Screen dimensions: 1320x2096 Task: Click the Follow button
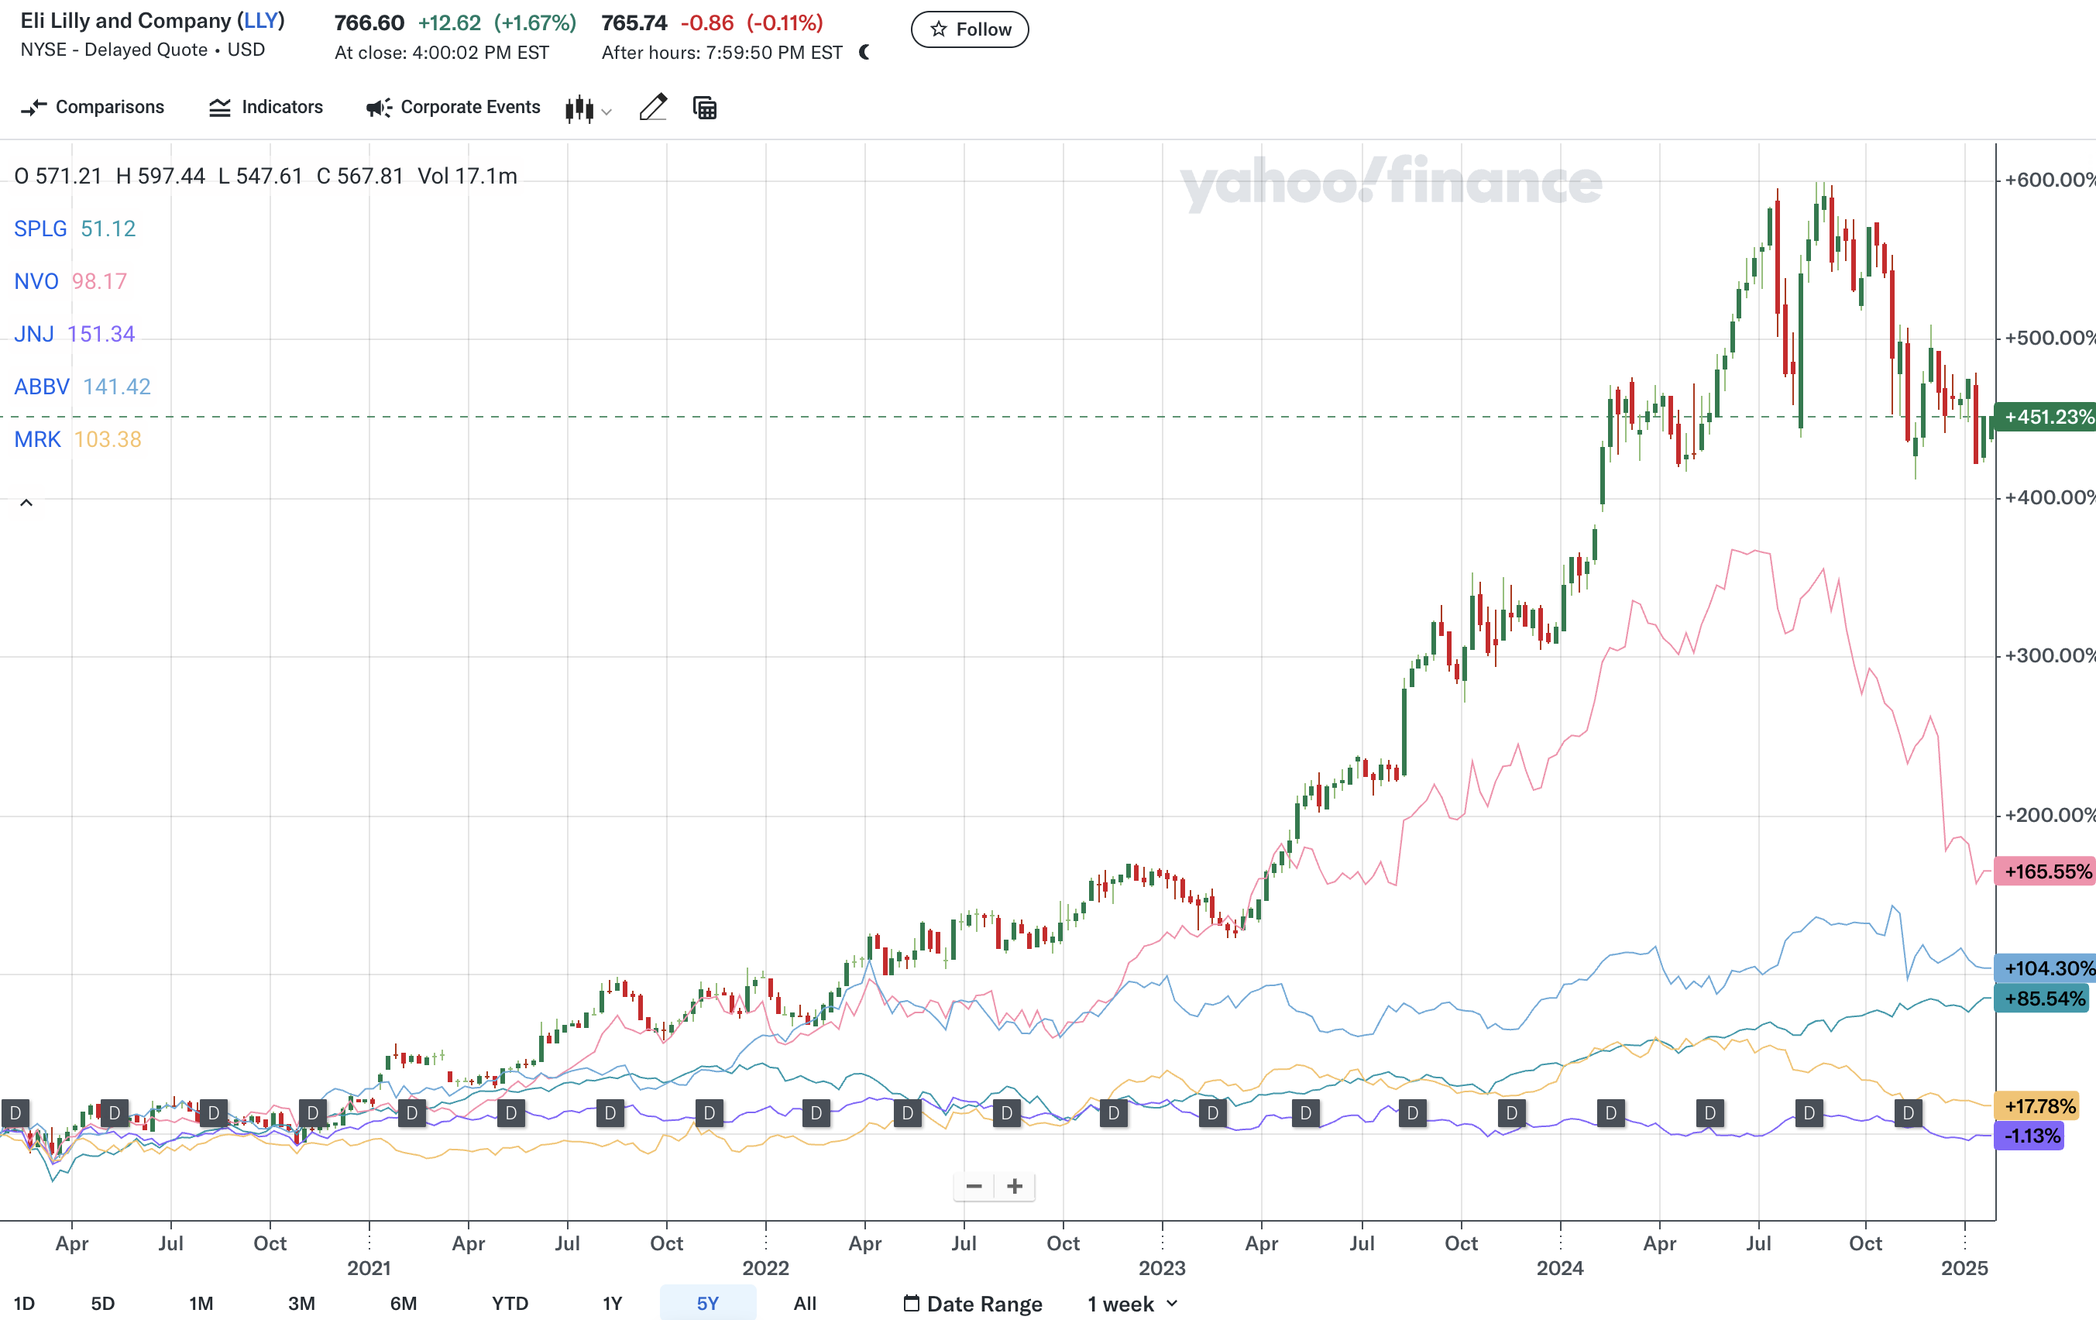coord(970,29)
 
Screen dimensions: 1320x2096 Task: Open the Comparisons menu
coord(92,107)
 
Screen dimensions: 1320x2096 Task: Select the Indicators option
coord(266,107)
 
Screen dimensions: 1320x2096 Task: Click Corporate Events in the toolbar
coord(452,107)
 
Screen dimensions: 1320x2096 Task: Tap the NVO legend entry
coord(36,281)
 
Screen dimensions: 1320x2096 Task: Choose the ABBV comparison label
coord(42,387)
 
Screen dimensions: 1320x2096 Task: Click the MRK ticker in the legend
coord(37,440)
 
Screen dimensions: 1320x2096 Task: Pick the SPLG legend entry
coord(40,229)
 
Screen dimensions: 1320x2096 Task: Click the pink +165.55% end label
coord(2046,871)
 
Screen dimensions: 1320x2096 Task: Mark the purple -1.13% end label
coord(2031,1136)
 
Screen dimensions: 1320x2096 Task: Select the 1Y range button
coord(612,1304)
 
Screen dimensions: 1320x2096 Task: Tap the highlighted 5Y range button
coord(706,1304)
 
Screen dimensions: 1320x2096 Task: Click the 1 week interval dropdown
coord(1132,1304)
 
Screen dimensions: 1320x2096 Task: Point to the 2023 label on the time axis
coord(1162,1268)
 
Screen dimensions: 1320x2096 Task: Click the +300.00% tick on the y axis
coord(2047,655)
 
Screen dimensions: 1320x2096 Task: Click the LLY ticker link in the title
coord(261,21)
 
